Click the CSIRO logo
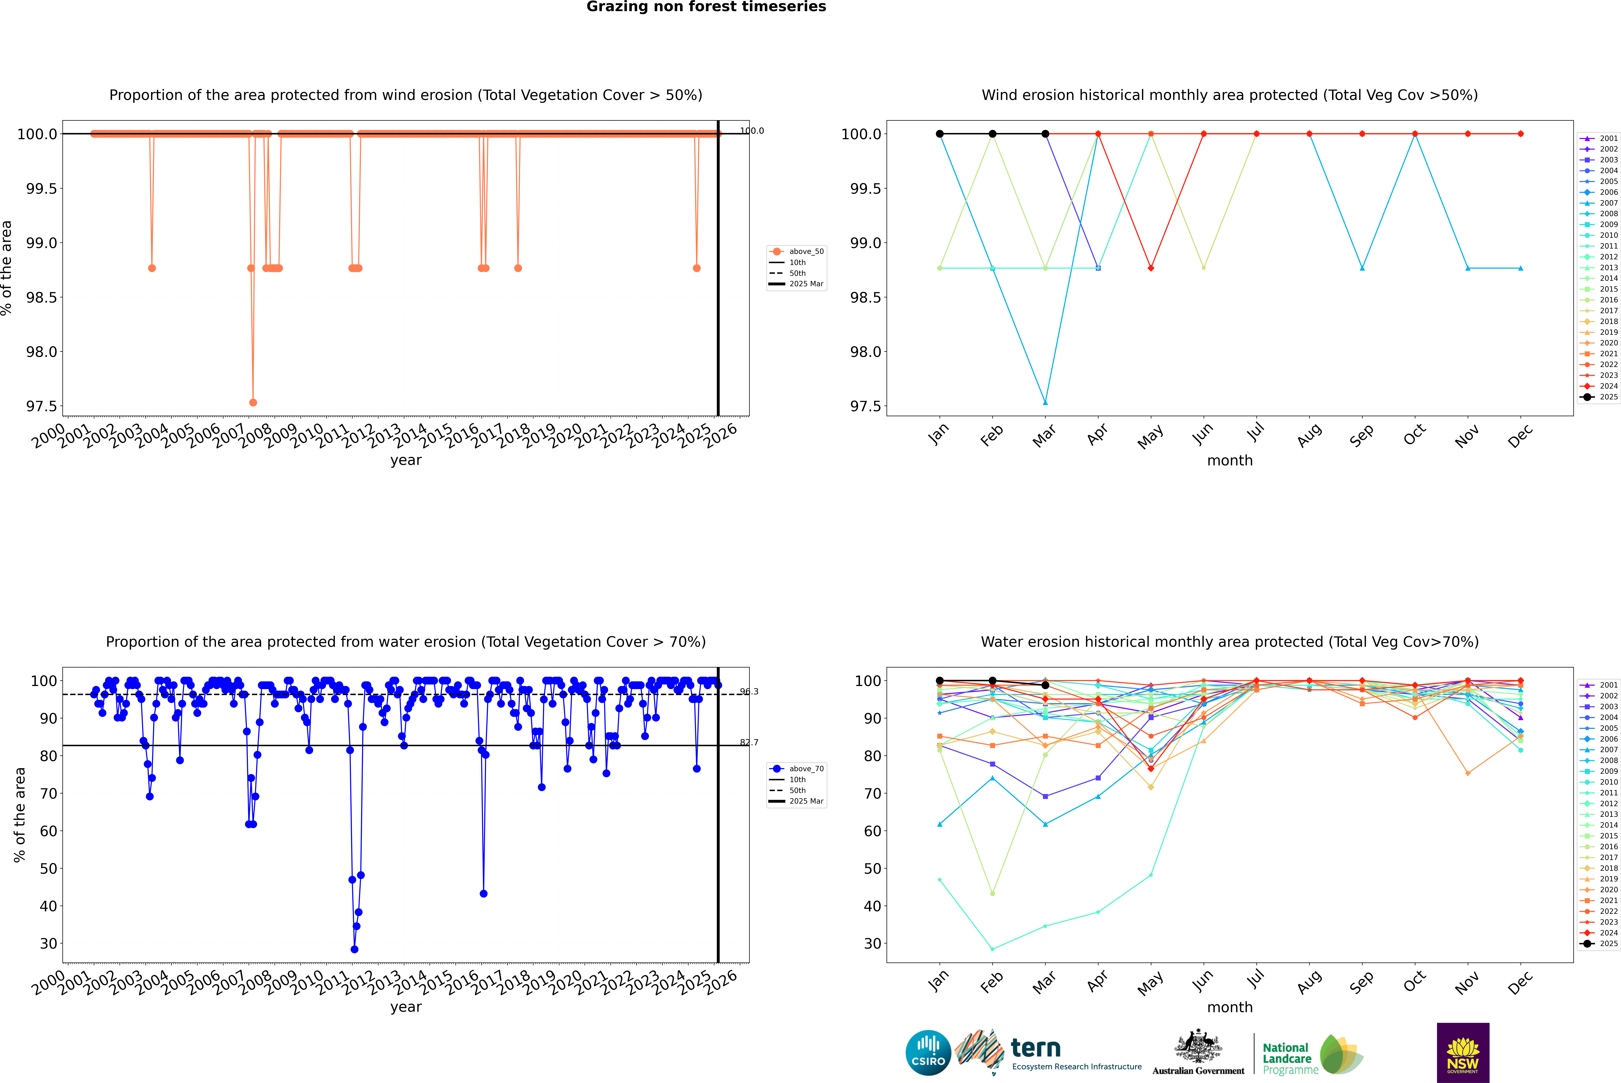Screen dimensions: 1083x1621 (928, 1053)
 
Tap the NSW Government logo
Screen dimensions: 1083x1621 (1463, 1053)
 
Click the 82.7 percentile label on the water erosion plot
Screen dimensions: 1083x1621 (749, 743)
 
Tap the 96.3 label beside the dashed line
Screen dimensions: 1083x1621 (749, 691)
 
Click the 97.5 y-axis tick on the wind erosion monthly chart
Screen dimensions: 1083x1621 (865, 406)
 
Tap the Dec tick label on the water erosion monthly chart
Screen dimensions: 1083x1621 (1519, 983)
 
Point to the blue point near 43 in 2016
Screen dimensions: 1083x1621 (484, 894)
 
